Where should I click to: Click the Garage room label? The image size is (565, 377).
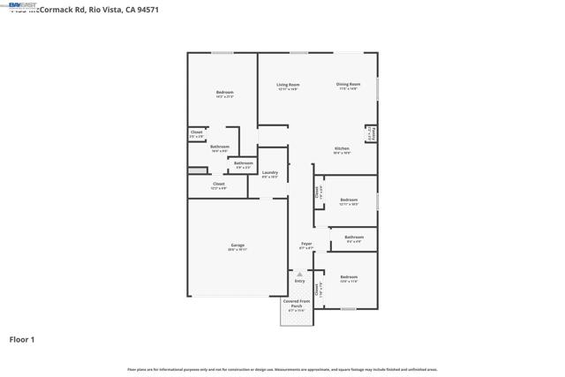coord(237,245)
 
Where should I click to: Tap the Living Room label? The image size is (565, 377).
coord(288,85)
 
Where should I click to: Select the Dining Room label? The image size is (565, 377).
coord(347,85)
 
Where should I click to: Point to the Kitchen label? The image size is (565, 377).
coord(342,148)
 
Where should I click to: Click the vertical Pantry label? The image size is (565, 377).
coord(373,134)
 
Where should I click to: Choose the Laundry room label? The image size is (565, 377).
coord(270,173)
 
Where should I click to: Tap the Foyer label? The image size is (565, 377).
coord(306,244)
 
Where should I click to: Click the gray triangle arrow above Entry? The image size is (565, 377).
coord(299,275)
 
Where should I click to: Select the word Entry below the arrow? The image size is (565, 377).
coord(299,282)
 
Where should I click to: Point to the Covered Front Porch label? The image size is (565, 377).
coord(296,303)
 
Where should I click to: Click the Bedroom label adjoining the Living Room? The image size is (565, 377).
coord(224,93)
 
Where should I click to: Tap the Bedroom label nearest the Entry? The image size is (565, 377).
coord(349,278)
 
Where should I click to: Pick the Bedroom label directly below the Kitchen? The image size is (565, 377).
coord(349,200)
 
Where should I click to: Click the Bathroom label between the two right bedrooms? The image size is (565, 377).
coord(354,237)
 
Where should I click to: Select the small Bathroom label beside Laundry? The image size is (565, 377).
coord(244,163)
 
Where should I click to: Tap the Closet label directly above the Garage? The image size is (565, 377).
coord(218,185)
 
